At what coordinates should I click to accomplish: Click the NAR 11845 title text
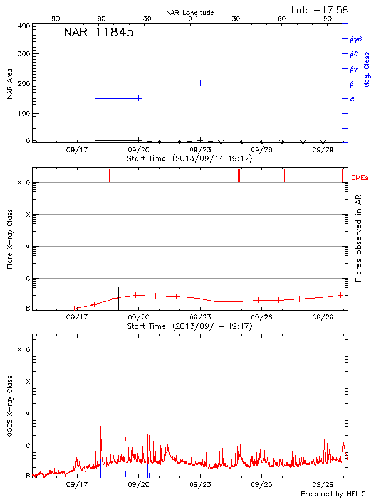pos(99,33)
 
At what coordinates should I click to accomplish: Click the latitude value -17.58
pos(320,9)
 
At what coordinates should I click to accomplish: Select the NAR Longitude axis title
pos(190,13)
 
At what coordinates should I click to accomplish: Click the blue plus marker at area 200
pos(200,83)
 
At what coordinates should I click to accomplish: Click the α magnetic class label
pos(352,99)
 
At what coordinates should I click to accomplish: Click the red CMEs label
pos(360,178)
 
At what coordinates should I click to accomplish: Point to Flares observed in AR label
pos(358,238)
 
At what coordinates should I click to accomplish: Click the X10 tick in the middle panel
pos(24,183)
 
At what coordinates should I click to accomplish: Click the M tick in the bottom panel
pos(28,414)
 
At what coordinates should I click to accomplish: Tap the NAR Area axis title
pos(10,84)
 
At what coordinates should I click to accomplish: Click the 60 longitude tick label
pos(282,19)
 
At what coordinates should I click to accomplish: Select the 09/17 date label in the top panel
pos(77,150)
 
